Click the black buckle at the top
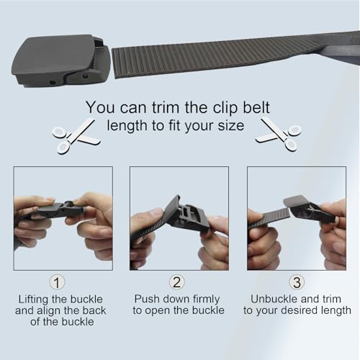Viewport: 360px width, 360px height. coord(58,60)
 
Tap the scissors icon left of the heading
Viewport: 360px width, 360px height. coord(75,135)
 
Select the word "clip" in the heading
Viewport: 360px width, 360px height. coord(233,107)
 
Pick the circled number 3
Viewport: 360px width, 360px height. coord(297,282)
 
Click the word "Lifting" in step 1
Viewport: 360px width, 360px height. coord(36,298)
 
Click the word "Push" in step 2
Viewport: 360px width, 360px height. coord(147,298)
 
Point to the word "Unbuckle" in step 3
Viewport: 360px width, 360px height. coord(273,298)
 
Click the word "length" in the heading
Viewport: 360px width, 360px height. coord(127,126)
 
